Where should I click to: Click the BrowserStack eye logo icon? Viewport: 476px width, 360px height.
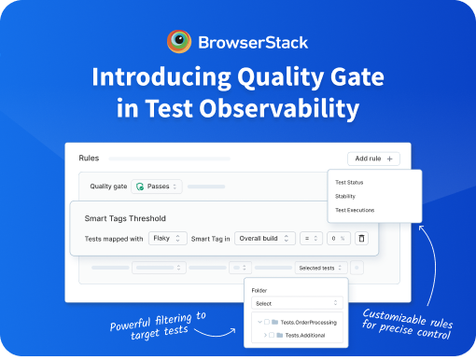click(179, 41)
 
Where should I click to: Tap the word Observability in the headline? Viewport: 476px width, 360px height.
click(279, 108)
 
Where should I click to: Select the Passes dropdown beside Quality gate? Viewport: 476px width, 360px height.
click(157, 187)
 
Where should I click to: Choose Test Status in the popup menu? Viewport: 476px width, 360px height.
click(349, 183)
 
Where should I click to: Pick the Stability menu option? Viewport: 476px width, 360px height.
click(345, 196)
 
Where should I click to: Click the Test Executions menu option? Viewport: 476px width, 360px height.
click(355, 210)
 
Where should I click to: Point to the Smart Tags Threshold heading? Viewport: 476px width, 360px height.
click(125, 218)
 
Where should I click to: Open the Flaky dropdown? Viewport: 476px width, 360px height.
click(168, 239)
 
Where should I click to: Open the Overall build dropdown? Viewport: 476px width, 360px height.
click(265, 239)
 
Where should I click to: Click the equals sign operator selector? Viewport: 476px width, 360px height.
click(311, 239)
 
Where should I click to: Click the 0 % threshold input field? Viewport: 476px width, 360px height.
click(339, 239)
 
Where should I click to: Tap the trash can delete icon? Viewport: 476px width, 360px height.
click(361, 239)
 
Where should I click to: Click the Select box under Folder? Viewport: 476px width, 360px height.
click(297, 303)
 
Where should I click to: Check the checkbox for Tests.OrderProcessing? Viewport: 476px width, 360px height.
click(267, 322)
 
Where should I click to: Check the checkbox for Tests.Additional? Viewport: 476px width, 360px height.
click(272, 335)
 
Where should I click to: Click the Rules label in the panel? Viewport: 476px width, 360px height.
click(89, 158)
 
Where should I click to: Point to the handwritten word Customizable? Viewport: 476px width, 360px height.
click(395, 316)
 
